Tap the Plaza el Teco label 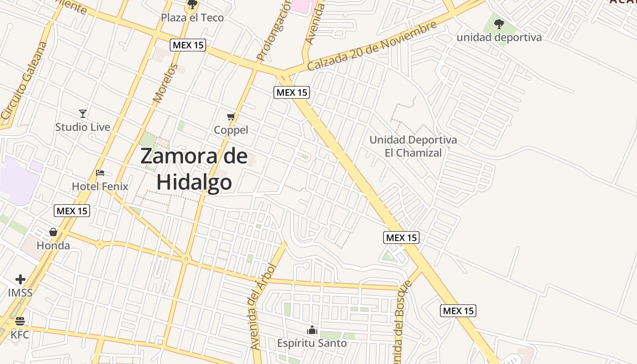pos(192,18)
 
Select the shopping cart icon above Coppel pos(231,117)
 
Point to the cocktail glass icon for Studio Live pos(82,114)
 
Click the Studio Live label pos(82,127)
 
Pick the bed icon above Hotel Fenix pos(100,173)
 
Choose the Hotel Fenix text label pos(100,186)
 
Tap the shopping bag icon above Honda pos(53,233)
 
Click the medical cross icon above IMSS pos(20,279)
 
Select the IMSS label pos(20,293)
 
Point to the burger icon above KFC pos(20,321)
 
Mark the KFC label pos(20,335)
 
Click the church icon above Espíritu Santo pos(312,330)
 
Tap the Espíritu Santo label pos(312,343)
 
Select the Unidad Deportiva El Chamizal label pos(413,146)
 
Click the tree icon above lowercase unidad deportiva pos(499,24)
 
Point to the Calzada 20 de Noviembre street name pos(372,46)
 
